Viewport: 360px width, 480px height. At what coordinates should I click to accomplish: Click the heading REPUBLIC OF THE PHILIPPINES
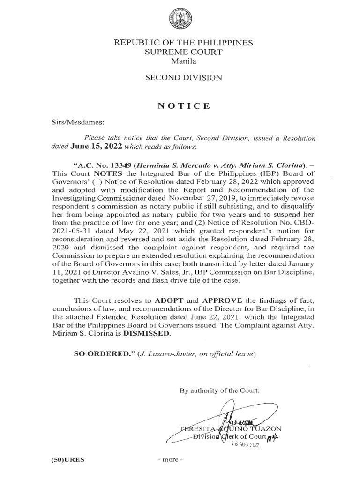pyautogui.click(x=180, y=43)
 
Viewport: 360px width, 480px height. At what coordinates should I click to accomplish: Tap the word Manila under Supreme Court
pyautogui.click(x=180, y=60)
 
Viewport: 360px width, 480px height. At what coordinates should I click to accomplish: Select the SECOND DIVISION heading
pyautogui.click(x=180, y=78)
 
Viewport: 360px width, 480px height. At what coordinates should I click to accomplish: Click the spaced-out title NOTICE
pyautogui.click(x=180, y=106)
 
